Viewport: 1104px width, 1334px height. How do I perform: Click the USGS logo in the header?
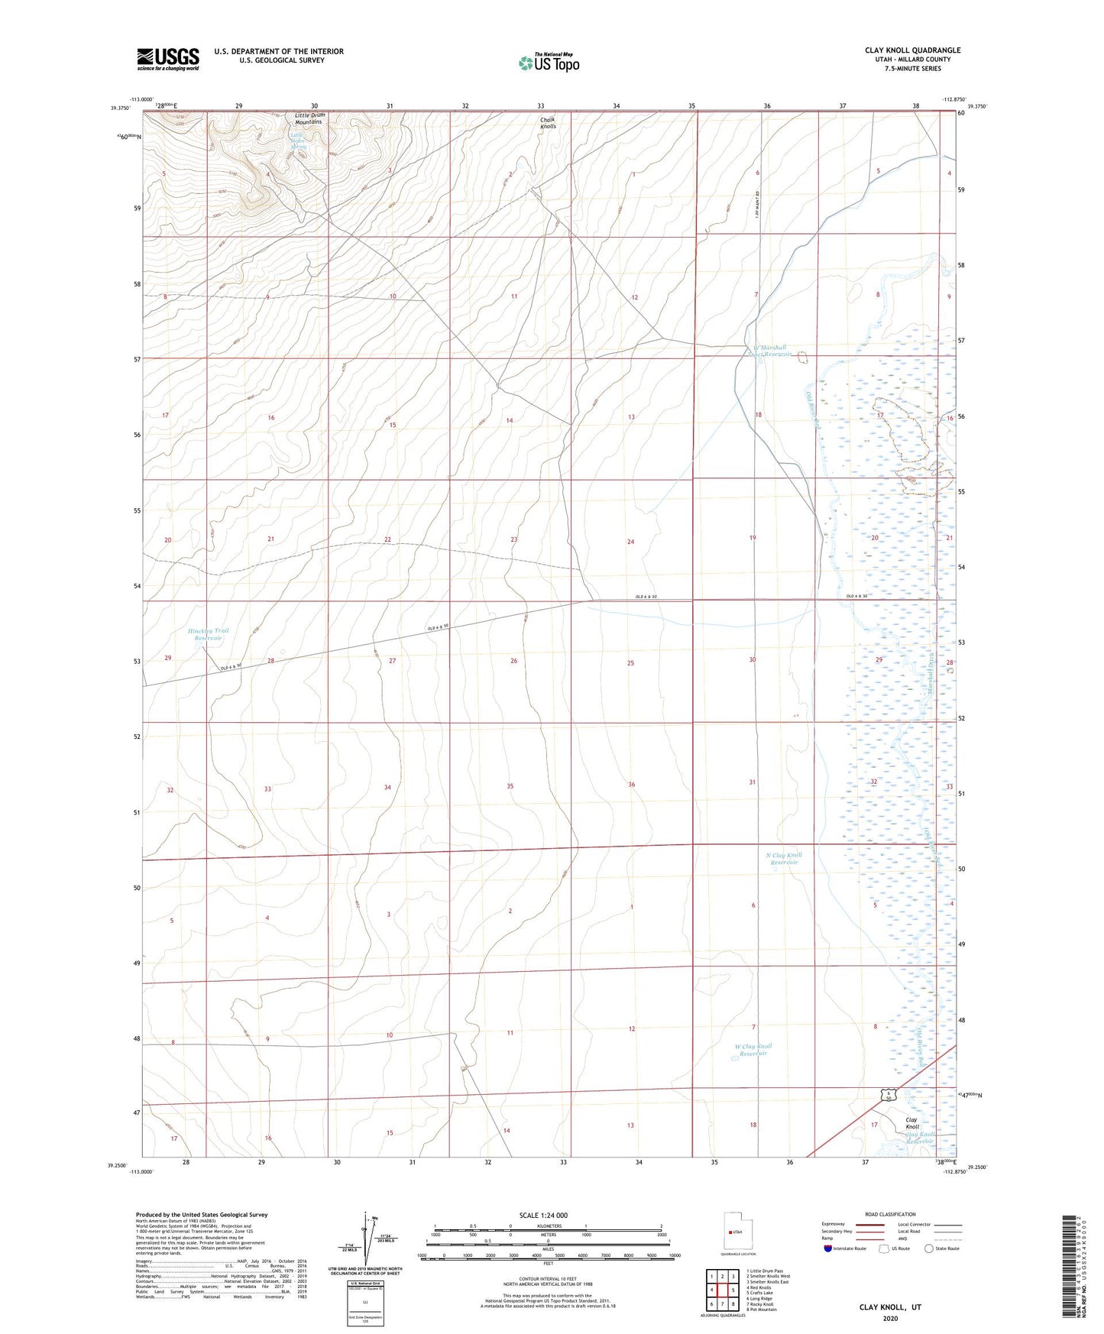pos(168,59)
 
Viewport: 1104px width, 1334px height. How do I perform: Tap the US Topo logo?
pos(549,63)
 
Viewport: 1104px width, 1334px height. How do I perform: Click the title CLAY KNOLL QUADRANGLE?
pos(912,50)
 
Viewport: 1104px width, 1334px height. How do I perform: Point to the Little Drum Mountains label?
pos(309,118)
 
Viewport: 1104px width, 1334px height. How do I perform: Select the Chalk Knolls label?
pos(548,122)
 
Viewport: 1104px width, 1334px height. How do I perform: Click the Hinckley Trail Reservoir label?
pos(208,634)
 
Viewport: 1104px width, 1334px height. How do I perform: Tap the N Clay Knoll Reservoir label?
pos(783,858)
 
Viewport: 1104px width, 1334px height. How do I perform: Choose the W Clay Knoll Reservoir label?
pos(753,1050)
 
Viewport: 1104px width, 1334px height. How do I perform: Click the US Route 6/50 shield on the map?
pos(888,1096)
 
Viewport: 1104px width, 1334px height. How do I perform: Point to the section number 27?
pos(392,660)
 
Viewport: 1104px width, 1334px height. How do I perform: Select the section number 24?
pos(630,542)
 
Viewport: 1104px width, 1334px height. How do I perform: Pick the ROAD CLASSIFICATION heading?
pos(890,1214)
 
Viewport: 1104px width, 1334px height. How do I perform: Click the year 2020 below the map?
pos(890,1318)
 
